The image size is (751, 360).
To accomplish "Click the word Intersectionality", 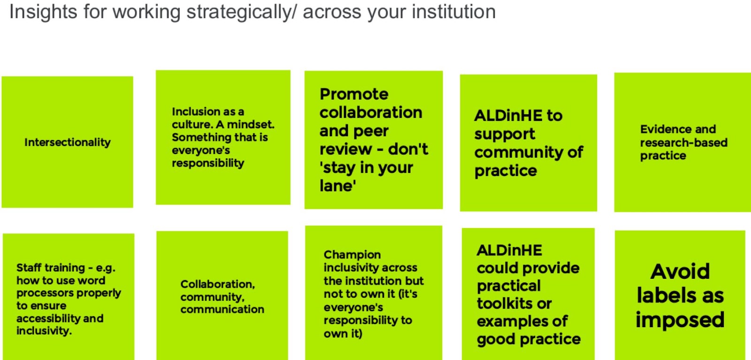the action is [68, 143].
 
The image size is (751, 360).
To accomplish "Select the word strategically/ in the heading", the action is [242, 12].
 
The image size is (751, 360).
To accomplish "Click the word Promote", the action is [354, 94].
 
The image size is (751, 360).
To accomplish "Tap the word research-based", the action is [684, 143].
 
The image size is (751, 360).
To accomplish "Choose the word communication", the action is [222, 309].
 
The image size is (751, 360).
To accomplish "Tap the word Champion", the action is [353, 255].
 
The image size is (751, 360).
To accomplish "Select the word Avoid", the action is [680, 271].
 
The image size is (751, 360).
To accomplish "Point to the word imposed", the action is [680, 320].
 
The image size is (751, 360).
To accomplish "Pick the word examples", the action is [512, 322].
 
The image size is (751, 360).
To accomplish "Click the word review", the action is [345, 149].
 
